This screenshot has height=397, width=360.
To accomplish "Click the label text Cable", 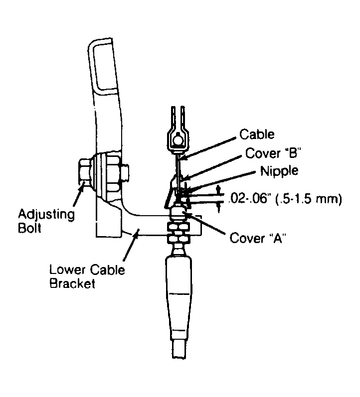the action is (257, 134).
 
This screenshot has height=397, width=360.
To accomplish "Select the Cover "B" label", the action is (273, 153).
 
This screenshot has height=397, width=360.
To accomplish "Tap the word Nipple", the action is (279, 171).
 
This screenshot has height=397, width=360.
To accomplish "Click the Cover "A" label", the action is (258, 238).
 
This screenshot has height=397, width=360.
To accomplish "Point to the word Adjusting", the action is (46, 215).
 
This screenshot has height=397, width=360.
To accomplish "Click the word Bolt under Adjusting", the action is (29, 228).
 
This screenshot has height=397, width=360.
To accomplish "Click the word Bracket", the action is (72, 283).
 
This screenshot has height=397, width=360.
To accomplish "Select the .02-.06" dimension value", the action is (248, 199).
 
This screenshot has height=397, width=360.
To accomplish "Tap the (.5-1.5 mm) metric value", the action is (306, 199).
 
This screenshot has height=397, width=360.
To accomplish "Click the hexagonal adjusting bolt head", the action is (84, 172).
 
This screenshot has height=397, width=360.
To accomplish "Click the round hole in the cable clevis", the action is (179, 139).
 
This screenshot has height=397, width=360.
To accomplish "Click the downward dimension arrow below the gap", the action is (219, 207).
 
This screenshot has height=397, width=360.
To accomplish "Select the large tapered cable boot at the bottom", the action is (179, 298).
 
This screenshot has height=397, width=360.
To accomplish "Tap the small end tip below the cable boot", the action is (180, 349).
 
